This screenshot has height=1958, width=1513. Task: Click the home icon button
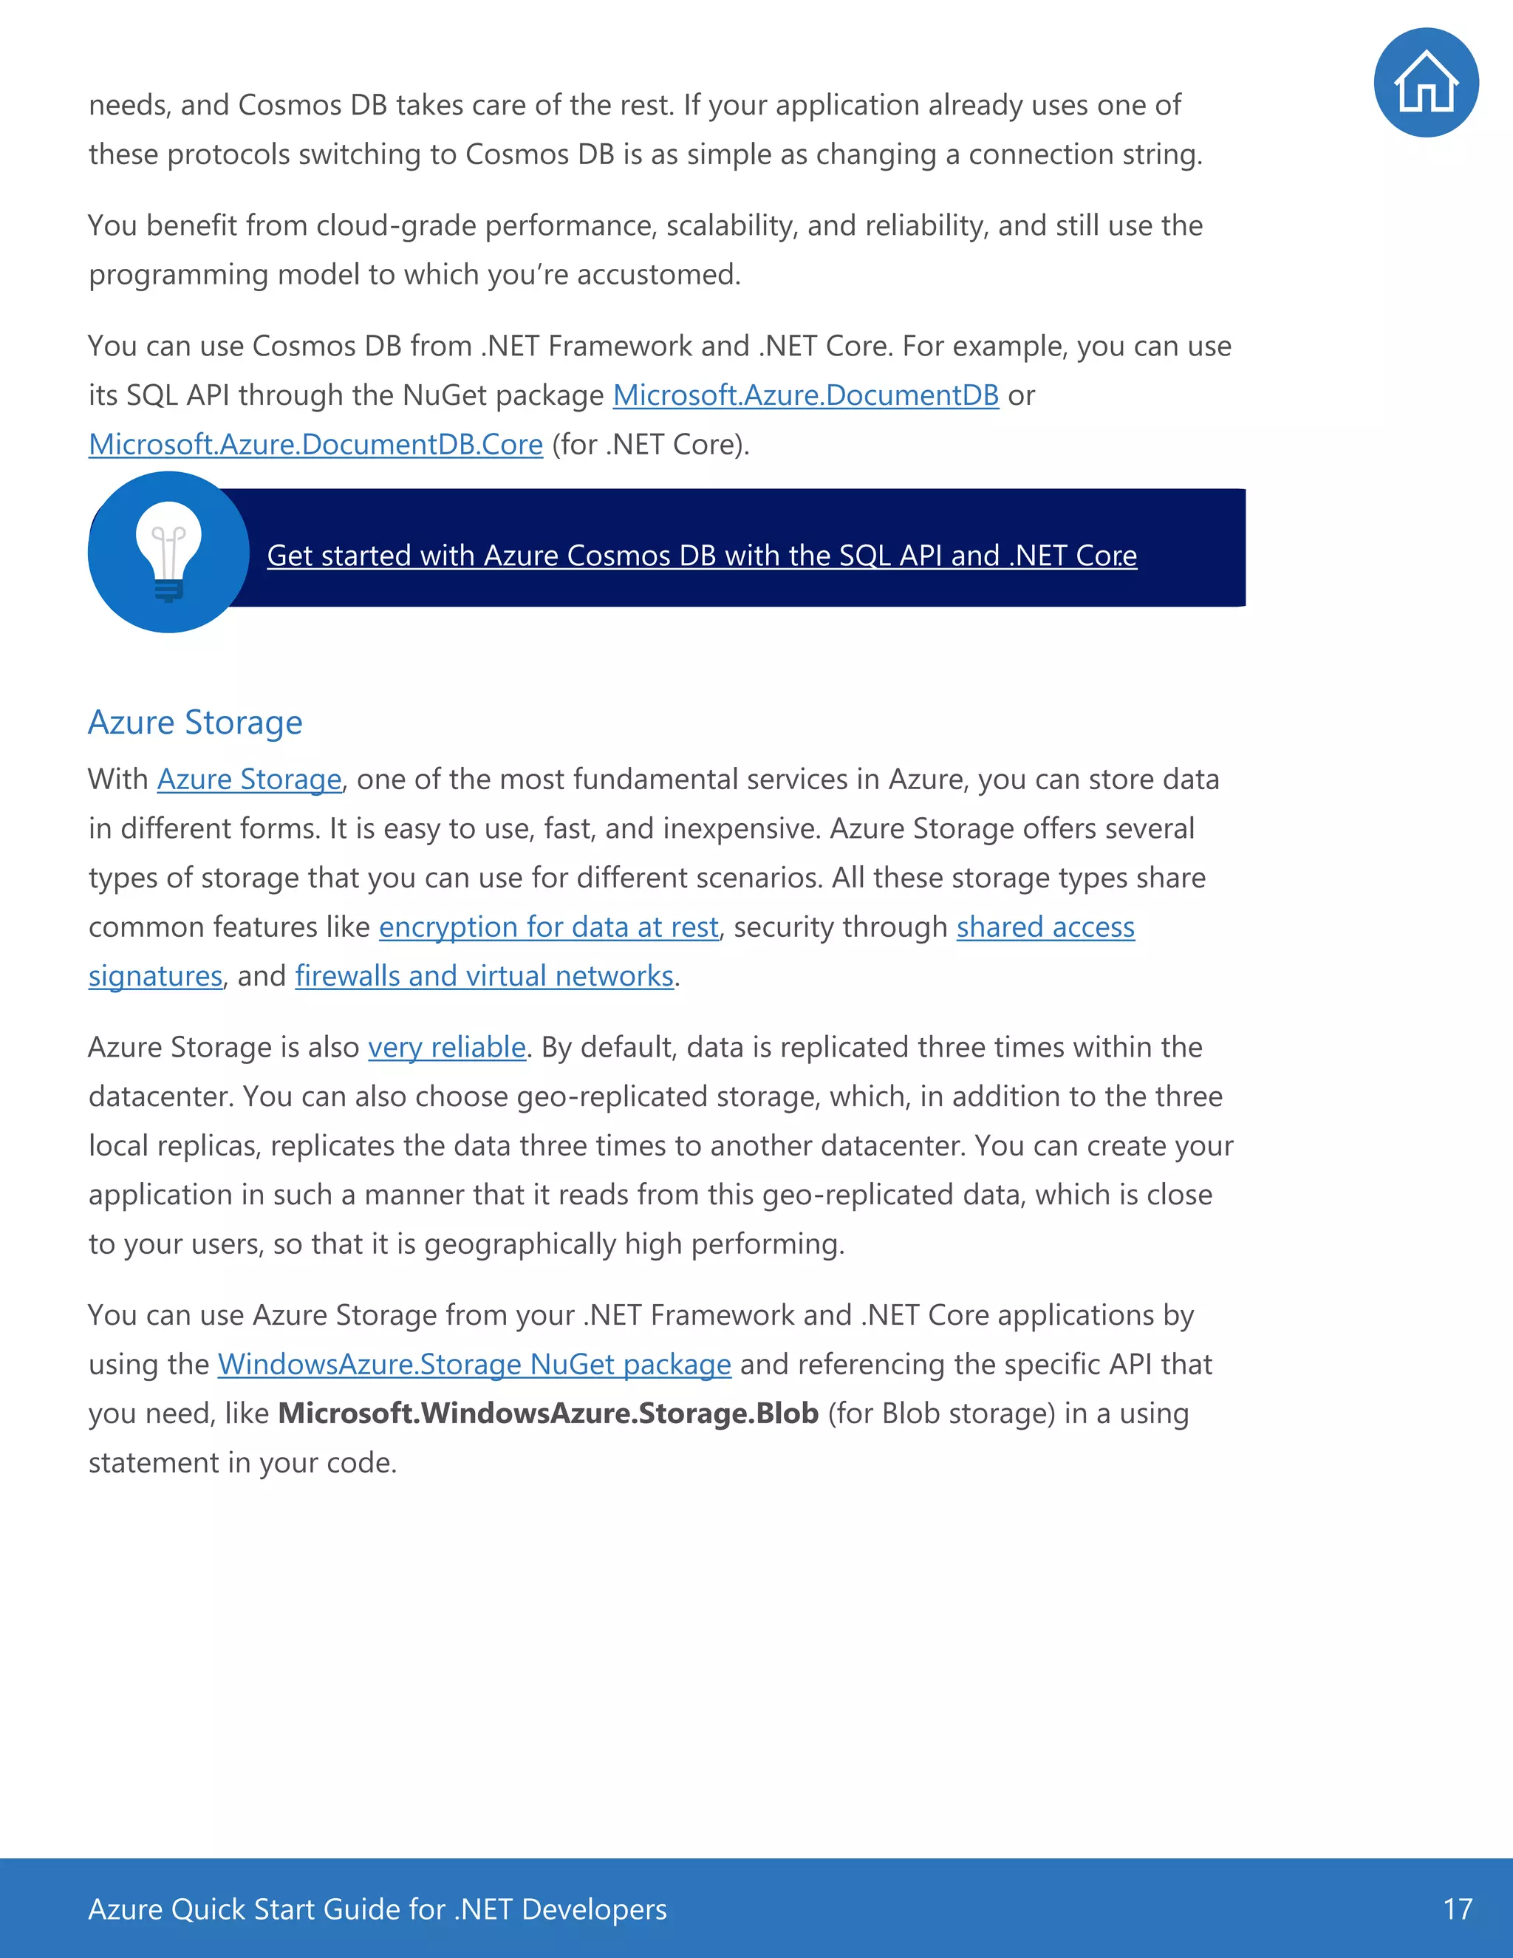pyautogui.click(x=1425, y=83)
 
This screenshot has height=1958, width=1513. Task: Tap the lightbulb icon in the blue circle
pyautogui.click(x=168, y=552)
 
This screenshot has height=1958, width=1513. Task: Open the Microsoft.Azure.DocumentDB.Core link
pyautogui.click(x=315, y=445)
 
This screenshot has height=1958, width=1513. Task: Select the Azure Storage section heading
pyautogui.click(x=195, y=723)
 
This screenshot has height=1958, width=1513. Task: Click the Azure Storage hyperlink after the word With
pyautogui.click(x=249, y=780)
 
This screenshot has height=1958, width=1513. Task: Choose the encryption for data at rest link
pyautogui.click(x=549, y=927)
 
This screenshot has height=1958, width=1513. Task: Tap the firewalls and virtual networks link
pyautogui.click(x=484, y=976)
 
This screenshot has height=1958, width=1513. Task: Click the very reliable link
pyautogui.click(x=446, y=1048)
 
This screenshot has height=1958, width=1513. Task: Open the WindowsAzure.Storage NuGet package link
pyautogui.click(x=474, y=1365)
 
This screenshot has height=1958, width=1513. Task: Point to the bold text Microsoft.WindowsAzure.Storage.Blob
pyautogui.click(x=547, y=1413)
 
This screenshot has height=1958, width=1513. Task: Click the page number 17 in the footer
pyautogui.click(x=1458, y=1908)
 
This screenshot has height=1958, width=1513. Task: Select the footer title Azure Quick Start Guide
pyautogui.click(x=377, y=1908)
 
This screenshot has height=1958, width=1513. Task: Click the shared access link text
pyautogui.click(x=1045, y=927)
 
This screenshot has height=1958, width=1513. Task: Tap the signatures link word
pyautogui.click(x=155, y=976)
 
